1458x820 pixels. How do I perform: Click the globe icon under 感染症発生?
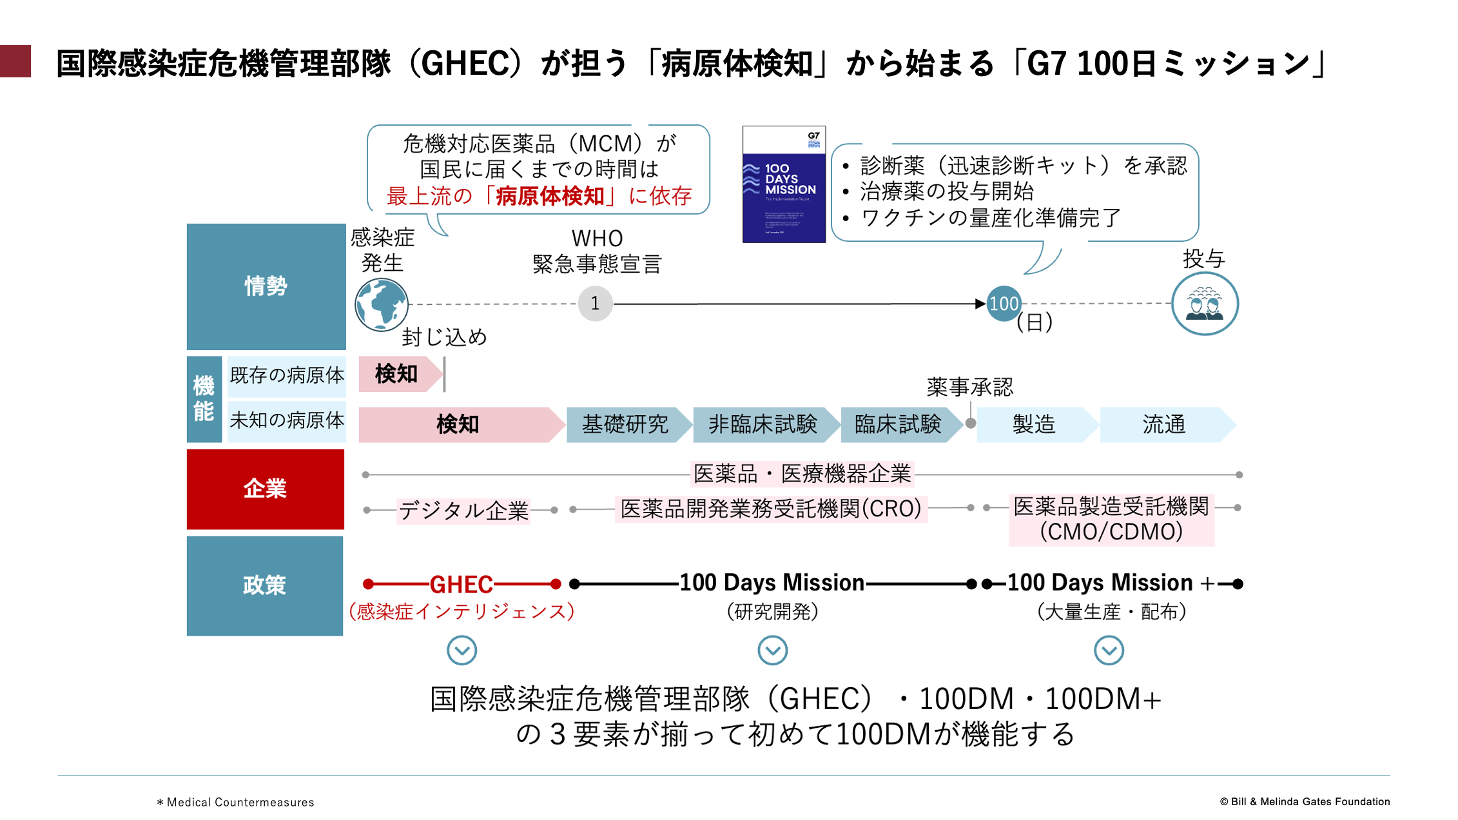click(381, 304)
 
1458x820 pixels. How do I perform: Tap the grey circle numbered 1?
click(595, 303)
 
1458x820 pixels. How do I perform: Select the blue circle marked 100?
click(1004, 303)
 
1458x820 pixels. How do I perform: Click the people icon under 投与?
click(1204, 304)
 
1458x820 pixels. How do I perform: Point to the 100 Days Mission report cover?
click(784, 184)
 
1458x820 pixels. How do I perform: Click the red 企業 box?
click(265, 489)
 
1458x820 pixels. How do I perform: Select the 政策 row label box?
click(264, 585)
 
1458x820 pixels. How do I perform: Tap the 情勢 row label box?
click(266, 286)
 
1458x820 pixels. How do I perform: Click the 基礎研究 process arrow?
click(625, 425)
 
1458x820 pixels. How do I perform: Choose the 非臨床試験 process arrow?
click(763, 425)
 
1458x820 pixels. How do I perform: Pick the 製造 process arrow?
click(1033, 425)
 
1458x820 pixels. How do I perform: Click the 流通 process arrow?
click(1163, 425)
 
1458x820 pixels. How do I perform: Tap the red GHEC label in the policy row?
click(462, 585)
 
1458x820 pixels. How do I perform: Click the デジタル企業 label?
click(463, 511)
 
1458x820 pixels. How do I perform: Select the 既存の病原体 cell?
click(287, 375)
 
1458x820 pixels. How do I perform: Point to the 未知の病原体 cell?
click(287, 420)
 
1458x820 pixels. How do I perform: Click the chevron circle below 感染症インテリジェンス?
click(462, 650)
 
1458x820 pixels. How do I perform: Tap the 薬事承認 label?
click(969, 387)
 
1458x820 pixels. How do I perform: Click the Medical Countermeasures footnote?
click(236, 802)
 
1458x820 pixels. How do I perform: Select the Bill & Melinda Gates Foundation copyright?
click(1305, 801)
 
